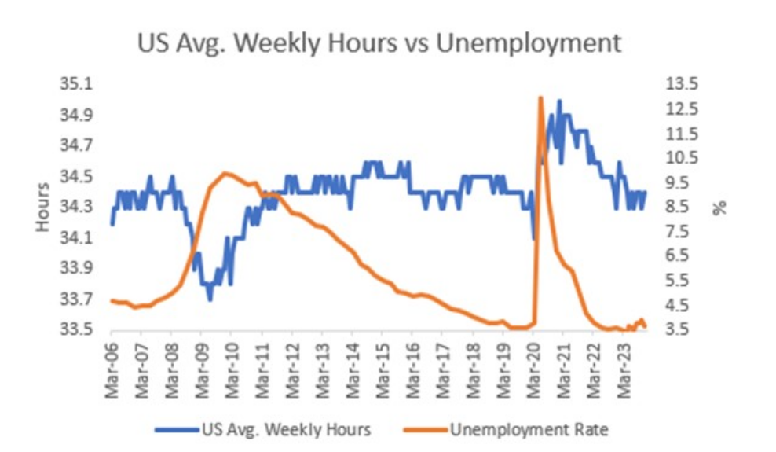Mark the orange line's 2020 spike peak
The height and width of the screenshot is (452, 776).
[540, 98]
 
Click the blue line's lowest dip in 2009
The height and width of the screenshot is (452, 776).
[210, 299]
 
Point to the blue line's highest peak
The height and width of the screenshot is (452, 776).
[559, 101]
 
